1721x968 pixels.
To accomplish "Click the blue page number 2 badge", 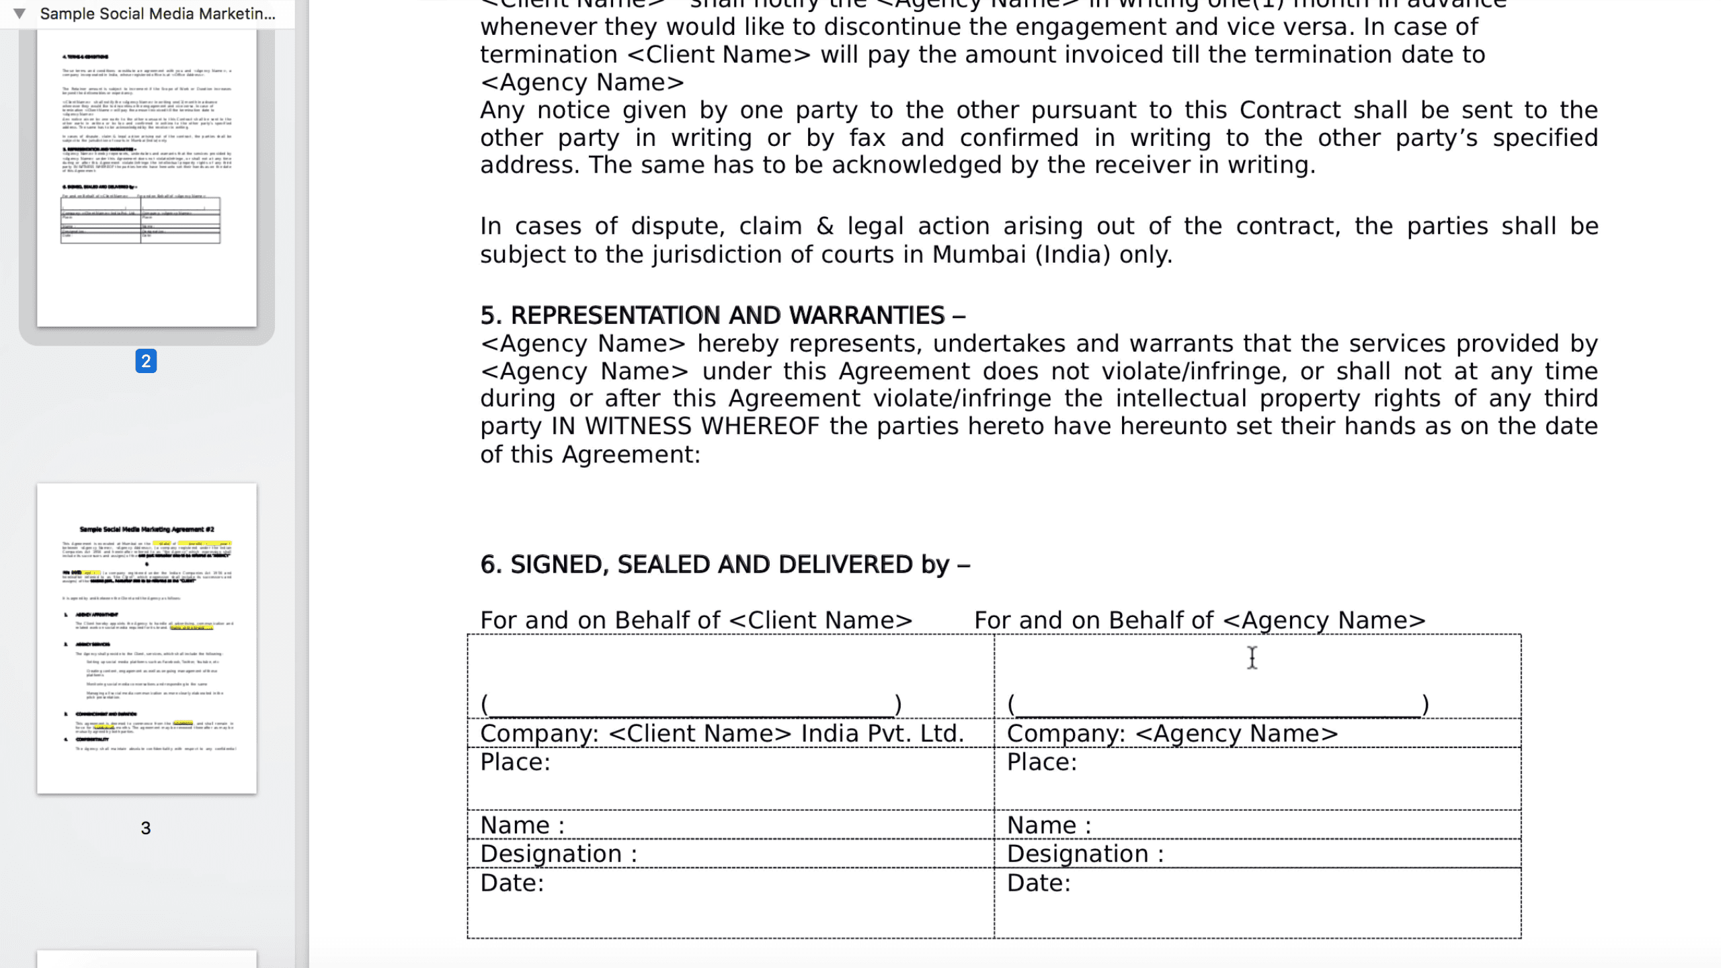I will coord(146,361).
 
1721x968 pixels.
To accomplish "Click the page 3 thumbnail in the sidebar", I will coord(147,637).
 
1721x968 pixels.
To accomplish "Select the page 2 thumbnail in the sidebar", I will coord(147,177).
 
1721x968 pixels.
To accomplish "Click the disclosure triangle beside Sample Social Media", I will coord(19,13).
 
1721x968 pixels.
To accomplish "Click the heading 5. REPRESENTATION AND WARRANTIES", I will coord(722,315).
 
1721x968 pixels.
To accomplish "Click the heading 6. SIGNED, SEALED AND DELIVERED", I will coord(724,565).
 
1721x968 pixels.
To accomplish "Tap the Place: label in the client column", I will coord(515,762).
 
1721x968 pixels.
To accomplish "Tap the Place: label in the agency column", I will coord(1041,762).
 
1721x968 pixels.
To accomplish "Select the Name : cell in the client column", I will coord(522,825).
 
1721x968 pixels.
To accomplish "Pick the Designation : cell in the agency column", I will coord(1084,854).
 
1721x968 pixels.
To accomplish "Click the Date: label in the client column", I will coord(512,883).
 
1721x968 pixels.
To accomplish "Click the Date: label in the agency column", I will coord(1038,883).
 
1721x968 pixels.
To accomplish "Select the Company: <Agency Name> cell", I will coord(1172,733).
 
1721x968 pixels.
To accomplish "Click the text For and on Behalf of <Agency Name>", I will coord(1199,620).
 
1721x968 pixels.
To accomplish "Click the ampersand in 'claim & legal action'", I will coord(825,227).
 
